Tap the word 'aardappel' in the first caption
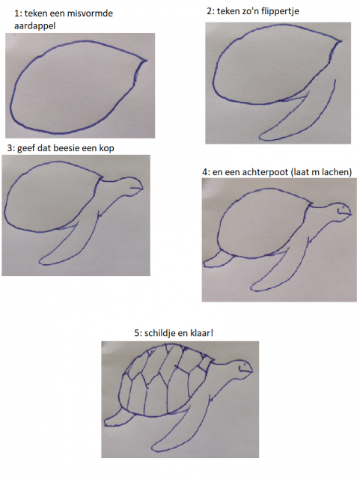(x=35, y=26)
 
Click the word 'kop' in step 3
(x=106, y=148)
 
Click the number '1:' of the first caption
(x=18, y=13)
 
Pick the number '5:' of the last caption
(x=138, y=333)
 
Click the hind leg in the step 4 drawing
(x=219, y=260)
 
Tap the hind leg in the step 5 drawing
(x=119, y=418)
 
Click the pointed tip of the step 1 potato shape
(x=146, y=61)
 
